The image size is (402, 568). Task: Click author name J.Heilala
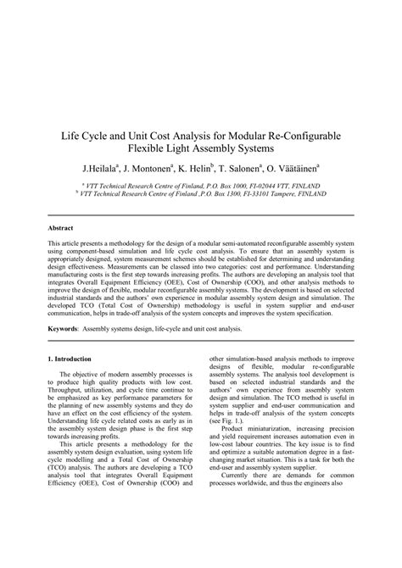[x=103, y=168]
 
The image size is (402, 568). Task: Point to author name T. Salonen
[x=256, y=168]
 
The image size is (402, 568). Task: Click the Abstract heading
[x=62, y=229]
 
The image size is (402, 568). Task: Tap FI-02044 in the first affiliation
[x=258, y=183]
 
